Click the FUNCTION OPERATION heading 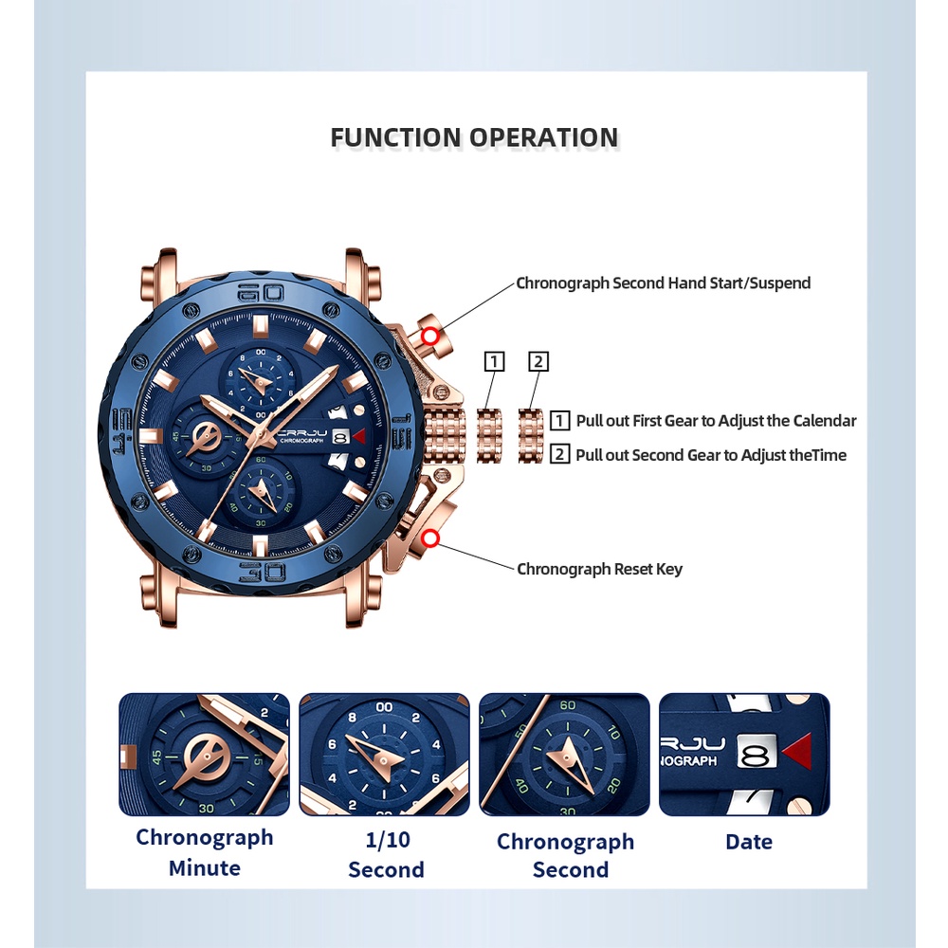point(474,137)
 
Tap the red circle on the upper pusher point(430,336)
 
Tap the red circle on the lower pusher point(431,539)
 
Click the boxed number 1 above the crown point(494,361)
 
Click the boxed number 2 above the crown point(538,361)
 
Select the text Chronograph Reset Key point(599,569)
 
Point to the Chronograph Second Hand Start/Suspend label point(663,283)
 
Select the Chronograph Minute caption point(204,852)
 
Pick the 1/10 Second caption point(386,854)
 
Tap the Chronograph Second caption point(565,855)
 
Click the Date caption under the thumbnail point(749,842)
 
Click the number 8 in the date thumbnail point(756,755)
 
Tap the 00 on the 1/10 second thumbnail point(384,707)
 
